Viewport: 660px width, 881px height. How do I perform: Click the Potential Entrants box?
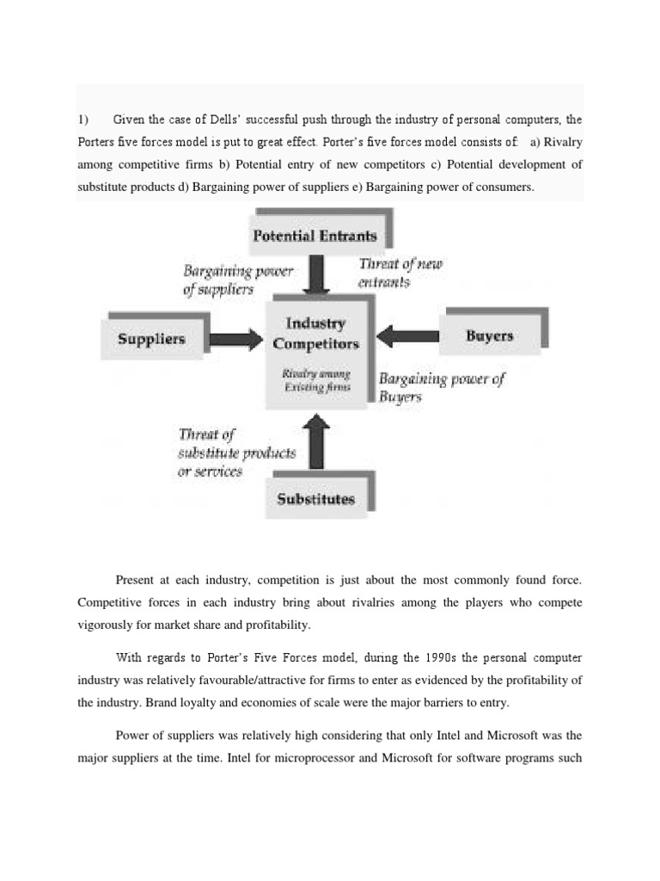(315, 235)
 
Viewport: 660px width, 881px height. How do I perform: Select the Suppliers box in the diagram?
(151, 339)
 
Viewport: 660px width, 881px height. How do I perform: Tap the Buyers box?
(489, 336)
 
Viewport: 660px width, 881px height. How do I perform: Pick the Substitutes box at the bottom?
(315, 499)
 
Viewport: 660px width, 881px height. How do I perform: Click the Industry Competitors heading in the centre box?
(315, 333)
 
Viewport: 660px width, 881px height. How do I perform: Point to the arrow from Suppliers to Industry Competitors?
(236, 340)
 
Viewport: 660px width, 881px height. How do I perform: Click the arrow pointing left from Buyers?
(407, 336)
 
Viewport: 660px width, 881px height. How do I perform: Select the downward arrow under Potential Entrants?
(317, 274)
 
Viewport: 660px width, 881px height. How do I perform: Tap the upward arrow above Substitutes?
(316, 442)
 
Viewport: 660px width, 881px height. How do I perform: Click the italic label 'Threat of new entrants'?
(400, 273)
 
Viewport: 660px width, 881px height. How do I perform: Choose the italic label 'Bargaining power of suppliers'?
(238, 280)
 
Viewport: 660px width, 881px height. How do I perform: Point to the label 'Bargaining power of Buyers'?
(441, 387)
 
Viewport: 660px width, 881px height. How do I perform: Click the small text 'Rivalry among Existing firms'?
(315, 380)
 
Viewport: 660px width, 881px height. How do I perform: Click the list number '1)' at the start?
(84, 120)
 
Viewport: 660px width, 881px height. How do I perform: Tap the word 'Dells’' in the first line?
(216, 120)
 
